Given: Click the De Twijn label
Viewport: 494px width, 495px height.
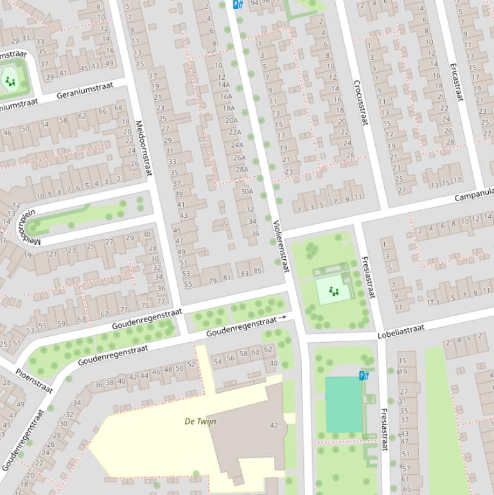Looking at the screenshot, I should point(200,422).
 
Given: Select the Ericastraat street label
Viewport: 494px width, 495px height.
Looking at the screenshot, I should point(456,82).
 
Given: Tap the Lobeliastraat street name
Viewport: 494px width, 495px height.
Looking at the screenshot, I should point(401,331).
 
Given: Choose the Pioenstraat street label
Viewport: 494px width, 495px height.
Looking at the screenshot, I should point(33,381).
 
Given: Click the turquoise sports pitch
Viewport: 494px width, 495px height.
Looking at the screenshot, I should point(344,404).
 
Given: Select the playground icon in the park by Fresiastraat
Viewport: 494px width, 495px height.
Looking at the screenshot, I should point(333,291).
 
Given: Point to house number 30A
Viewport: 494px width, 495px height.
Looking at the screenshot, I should point(247,191).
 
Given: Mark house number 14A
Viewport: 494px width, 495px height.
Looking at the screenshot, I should point(224,85).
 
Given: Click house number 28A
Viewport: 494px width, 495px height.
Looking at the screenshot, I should point(242,170).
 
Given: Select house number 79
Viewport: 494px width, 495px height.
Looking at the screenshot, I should point(213,280).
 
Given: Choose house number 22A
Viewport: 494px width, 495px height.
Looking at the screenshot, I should point(235,132).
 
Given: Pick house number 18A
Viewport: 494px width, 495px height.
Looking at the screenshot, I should point(229,108).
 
